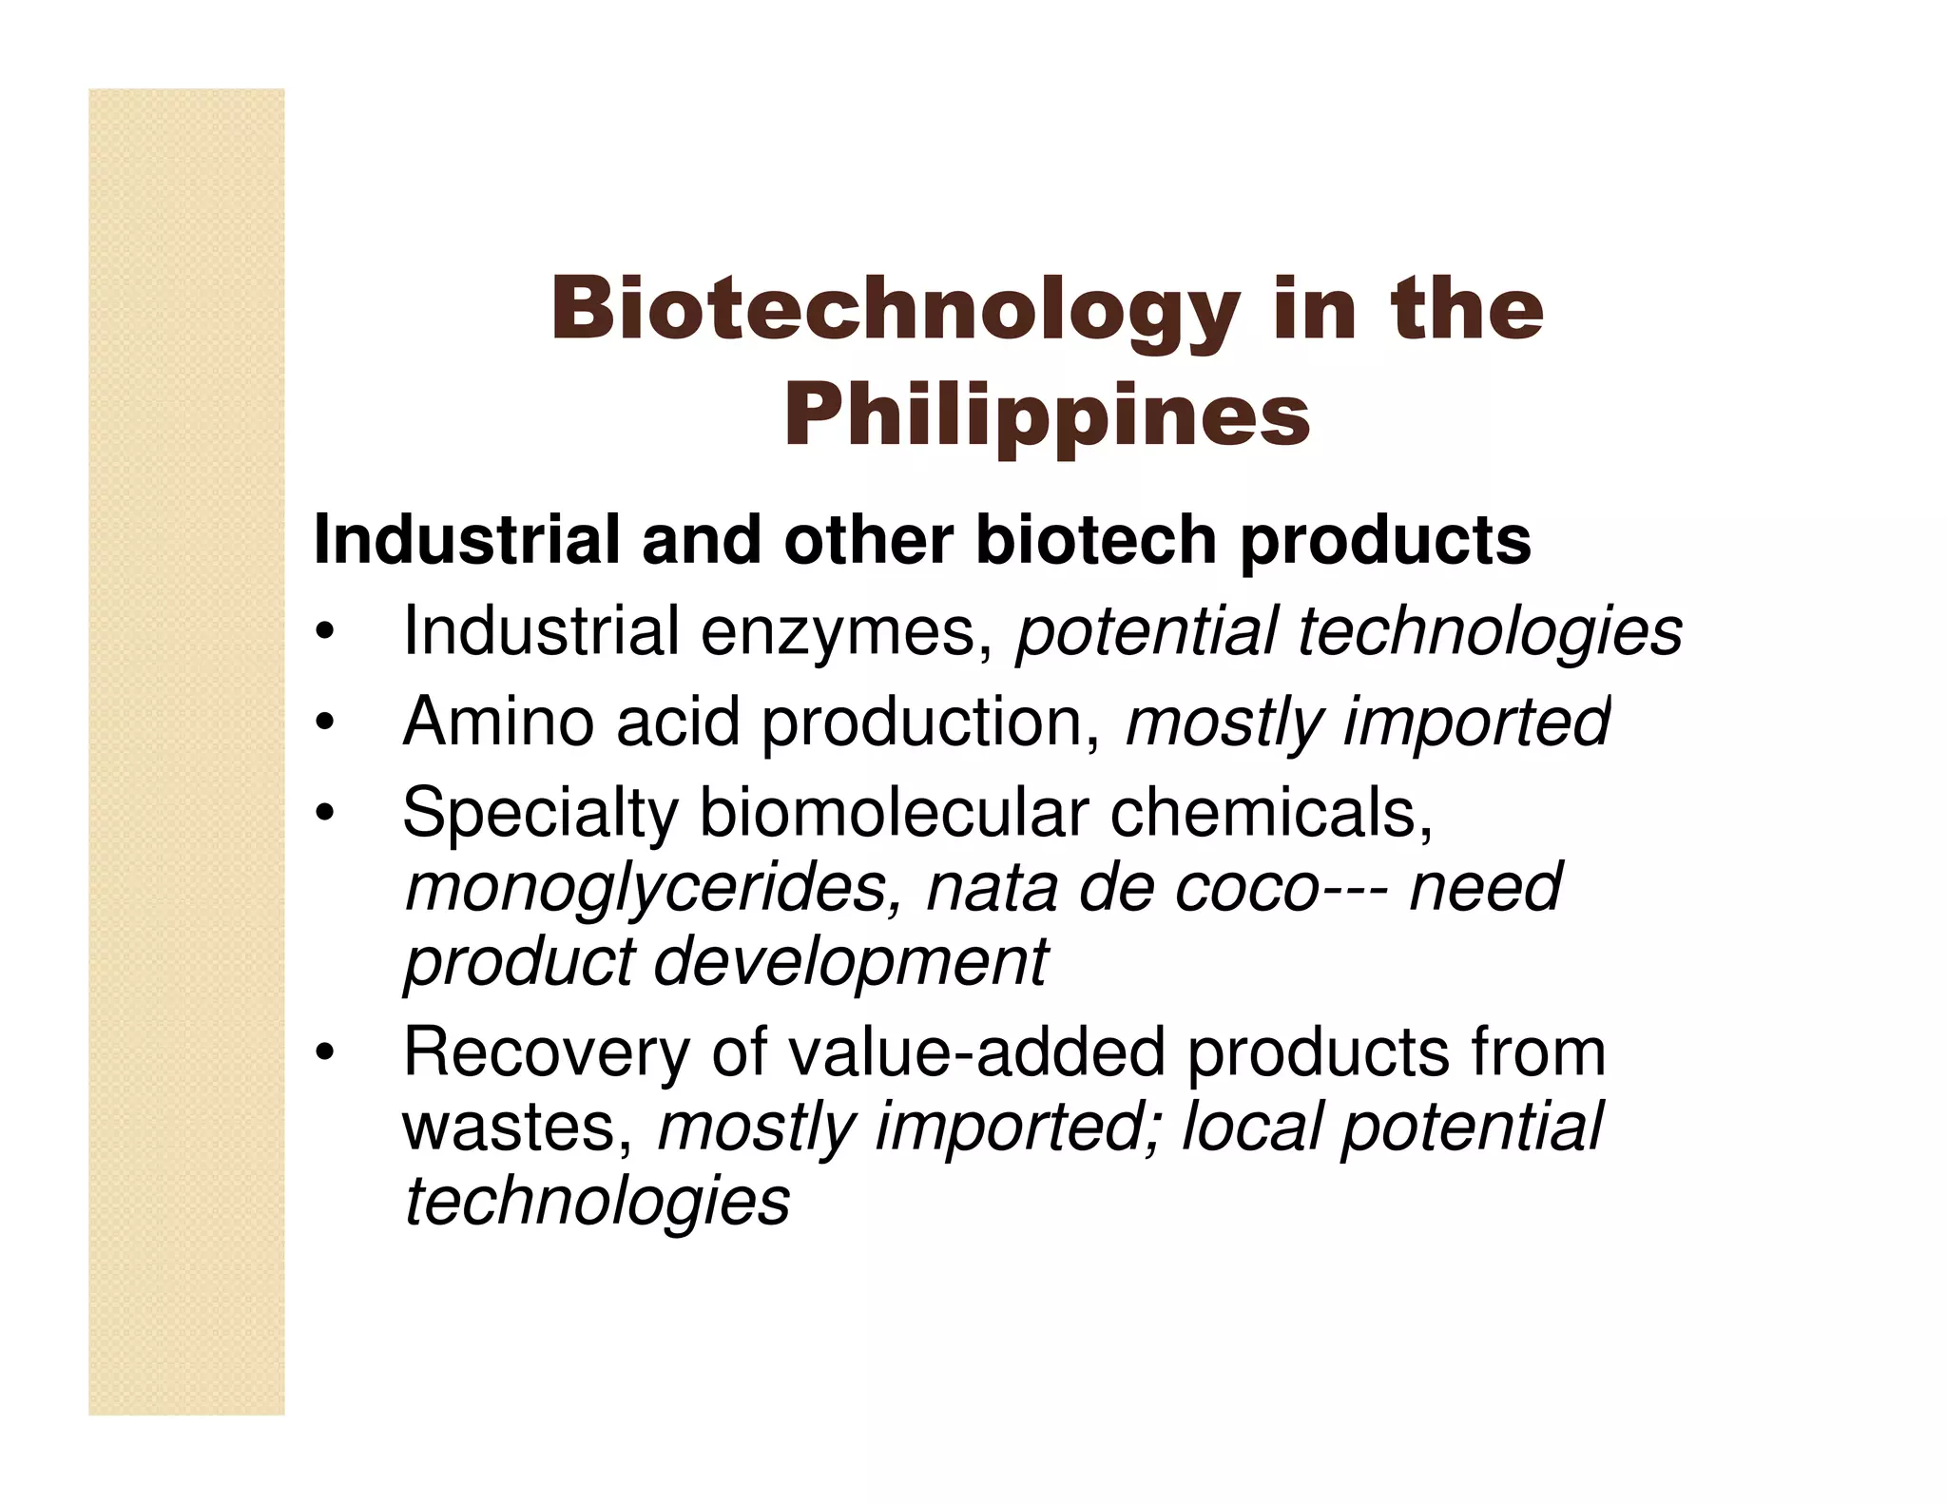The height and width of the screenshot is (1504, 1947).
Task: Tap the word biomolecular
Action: (x=894, y=813)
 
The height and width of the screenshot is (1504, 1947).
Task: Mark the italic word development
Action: (x=851, y=963)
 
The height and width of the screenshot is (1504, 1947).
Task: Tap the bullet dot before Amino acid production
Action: (x=325, y=723)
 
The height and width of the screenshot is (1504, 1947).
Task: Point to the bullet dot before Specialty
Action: (x=325, y=815)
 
